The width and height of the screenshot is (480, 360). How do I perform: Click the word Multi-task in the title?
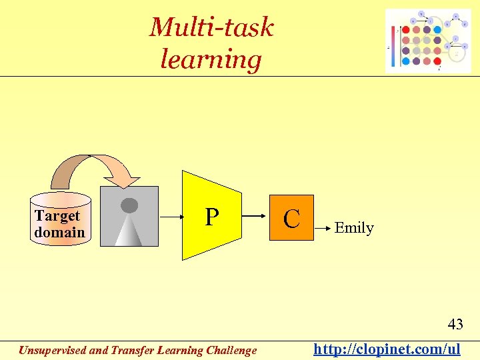[x=211, y=27]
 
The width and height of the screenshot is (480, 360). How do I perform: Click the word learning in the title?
[x=211, y=59]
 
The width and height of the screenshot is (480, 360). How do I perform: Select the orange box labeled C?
[x=291, y=218]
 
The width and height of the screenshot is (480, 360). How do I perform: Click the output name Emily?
[x=354, y=228]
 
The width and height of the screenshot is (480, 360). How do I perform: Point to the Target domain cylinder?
[x=60, y=219]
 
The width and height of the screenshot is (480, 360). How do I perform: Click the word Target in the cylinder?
[x=57, y=215]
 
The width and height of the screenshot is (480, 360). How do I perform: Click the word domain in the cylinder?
[x=60, y=232]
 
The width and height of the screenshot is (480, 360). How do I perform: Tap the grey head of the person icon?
[x=129, y=205]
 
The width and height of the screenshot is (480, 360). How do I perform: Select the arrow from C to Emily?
[x=324, y=228]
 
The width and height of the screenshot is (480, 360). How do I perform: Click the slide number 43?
[x=455, y=325]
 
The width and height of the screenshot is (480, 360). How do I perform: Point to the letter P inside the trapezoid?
[x=211, y=217]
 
